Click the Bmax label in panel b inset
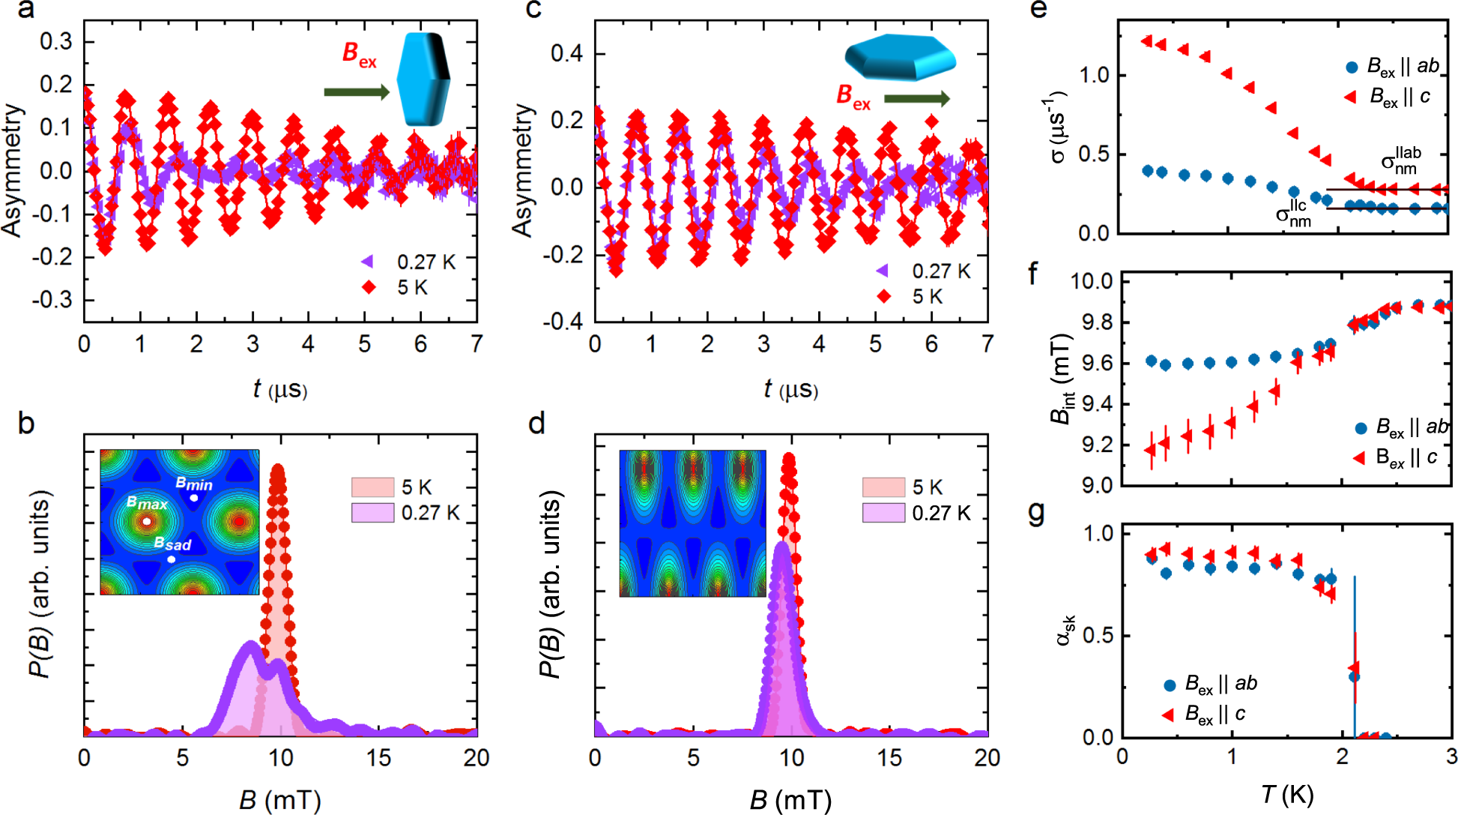tap(147, 503)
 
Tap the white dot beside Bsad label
tap(172, 559)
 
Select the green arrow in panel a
tap(357, 92)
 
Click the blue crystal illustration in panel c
tap(900, 57)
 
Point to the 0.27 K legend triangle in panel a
tap(367, 262)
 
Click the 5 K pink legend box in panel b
tap(372, 487)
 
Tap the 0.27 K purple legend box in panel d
tap(883, 513)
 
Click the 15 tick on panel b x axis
tap(378, 758)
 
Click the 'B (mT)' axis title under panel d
tap(790, 801)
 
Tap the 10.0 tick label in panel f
tap(1091, 281)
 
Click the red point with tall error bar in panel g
tap(1354, 668)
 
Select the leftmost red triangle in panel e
tap(1146, 41)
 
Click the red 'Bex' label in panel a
tap(359, 54)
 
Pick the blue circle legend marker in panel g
tap(1169, 685)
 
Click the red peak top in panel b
tap(278, 470)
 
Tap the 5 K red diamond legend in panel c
tap(884, 297)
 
